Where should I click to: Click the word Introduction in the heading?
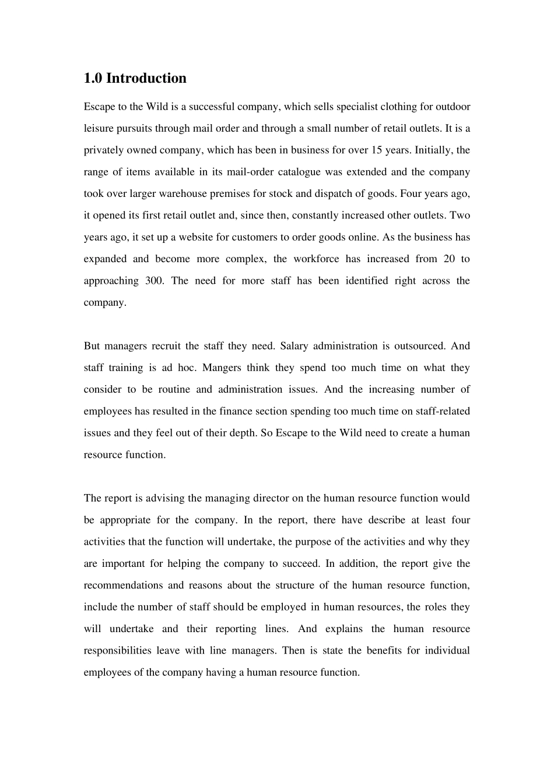(x=146, y=78)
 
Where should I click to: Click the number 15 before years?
(x=376, y=150)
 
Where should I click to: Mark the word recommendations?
(x=123, y=585)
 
